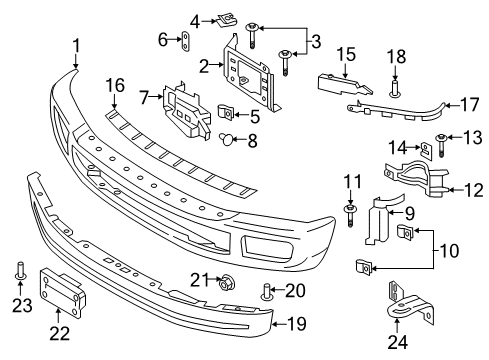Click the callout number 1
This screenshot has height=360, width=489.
(x=76, y=44)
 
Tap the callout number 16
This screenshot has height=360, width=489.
(x=117, y=87)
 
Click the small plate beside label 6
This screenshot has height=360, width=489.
(x=186, y=40)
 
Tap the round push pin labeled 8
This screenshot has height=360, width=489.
(x=226, y=139)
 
